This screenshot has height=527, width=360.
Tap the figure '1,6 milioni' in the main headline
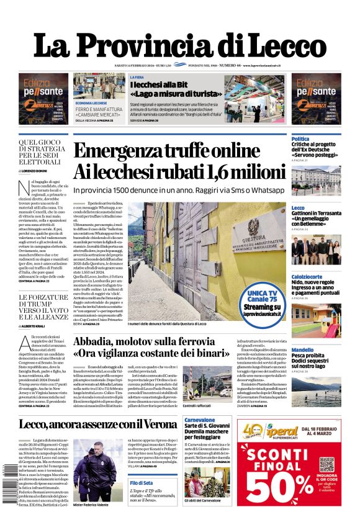point(245,171)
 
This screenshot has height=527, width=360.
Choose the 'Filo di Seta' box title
point(142,482)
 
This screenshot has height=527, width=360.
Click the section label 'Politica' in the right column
point(300,138)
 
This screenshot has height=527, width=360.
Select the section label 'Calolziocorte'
point(308,276)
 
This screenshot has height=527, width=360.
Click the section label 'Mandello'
point(303,349)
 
